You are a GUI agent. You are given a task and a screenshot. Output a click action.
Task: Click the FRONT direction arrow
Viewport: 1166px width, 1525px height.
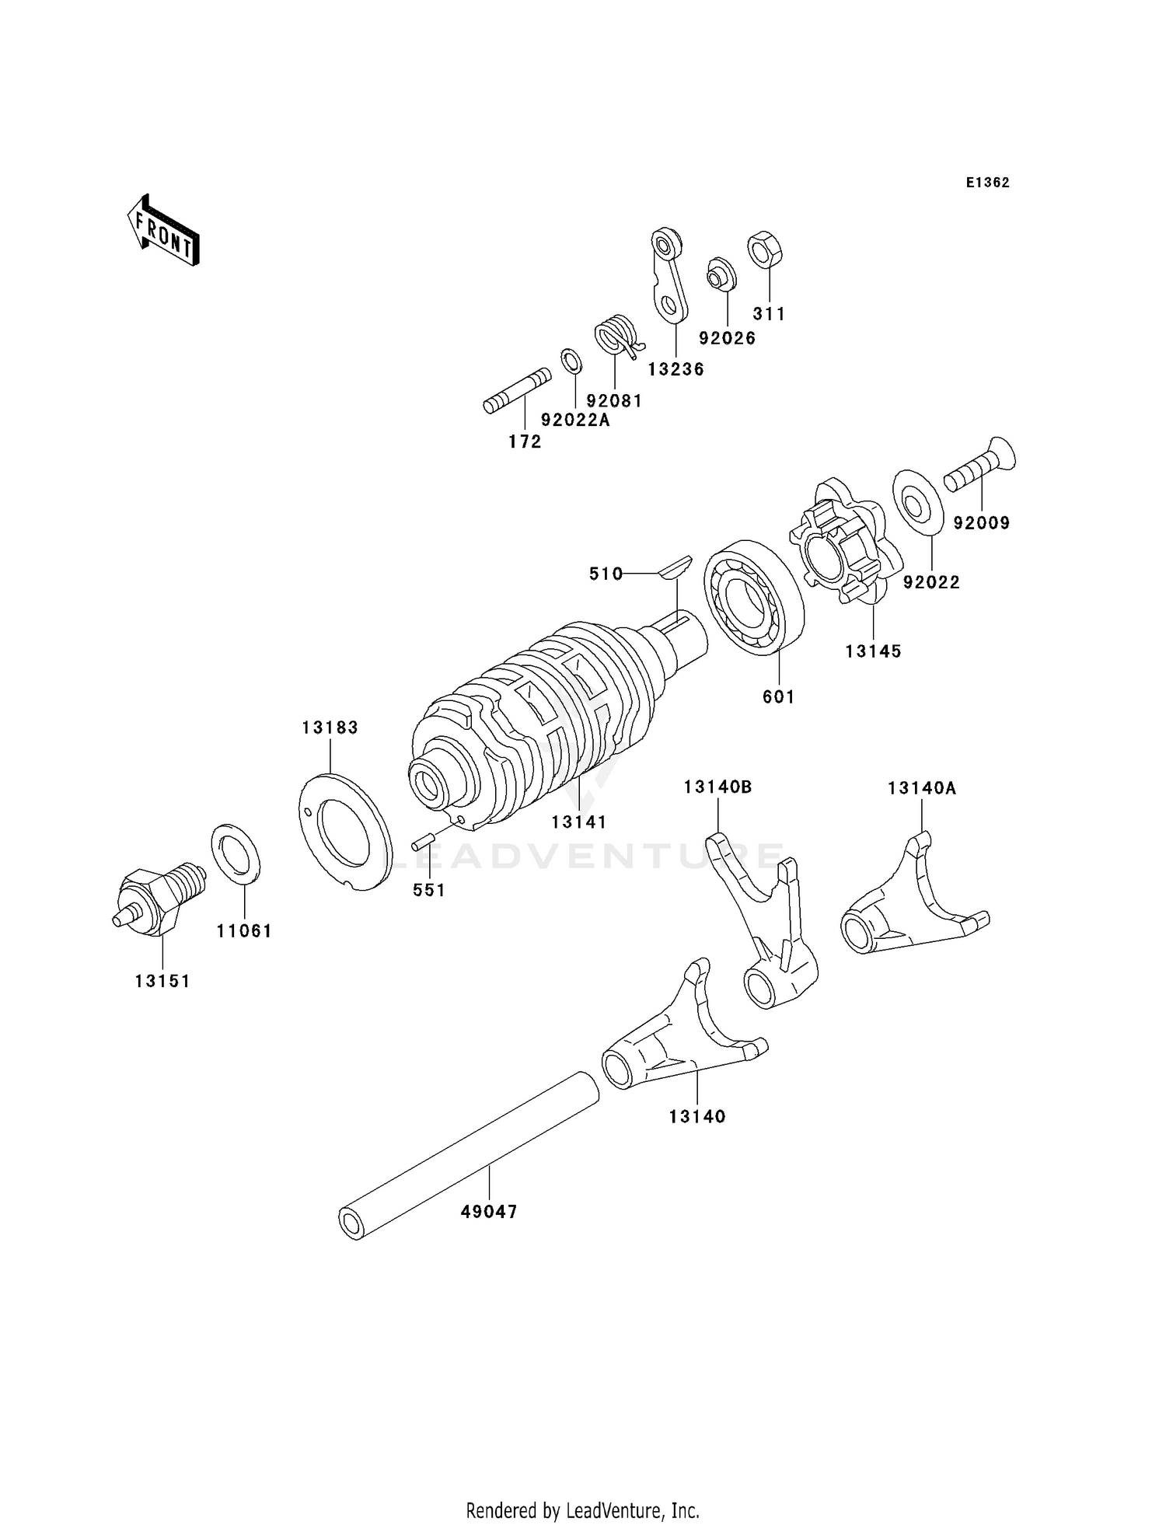pyautogui.click(x=163, y=232)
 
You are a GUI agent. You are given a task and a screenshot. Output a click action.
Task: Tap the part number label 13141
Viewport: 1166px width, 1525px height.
pyautogui.click(x=579, y=822)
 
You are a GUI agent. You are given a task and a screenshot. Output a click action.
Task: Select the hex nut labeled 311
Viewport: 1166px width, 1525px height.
pyautogui.click(x=765, y=250)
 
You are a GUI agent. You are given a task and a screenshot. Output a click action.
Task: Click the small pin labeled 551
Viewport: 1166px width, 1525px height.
pyautogui.click(x=424, y=842)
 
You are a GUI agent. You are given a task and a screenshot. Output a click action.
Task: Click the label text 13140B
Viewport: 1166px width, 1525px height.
pyautogui.click(x=717, y=787)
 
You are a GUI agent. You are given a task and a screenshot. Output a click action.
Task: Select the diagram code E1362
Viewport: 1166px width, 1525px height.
pyautogui.click(x=987, y=183)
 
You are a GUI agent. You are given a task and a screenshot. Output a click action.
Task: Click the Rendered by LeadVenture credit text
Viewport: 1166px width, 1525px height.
pyautogui.click(x=582, y=1510)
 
